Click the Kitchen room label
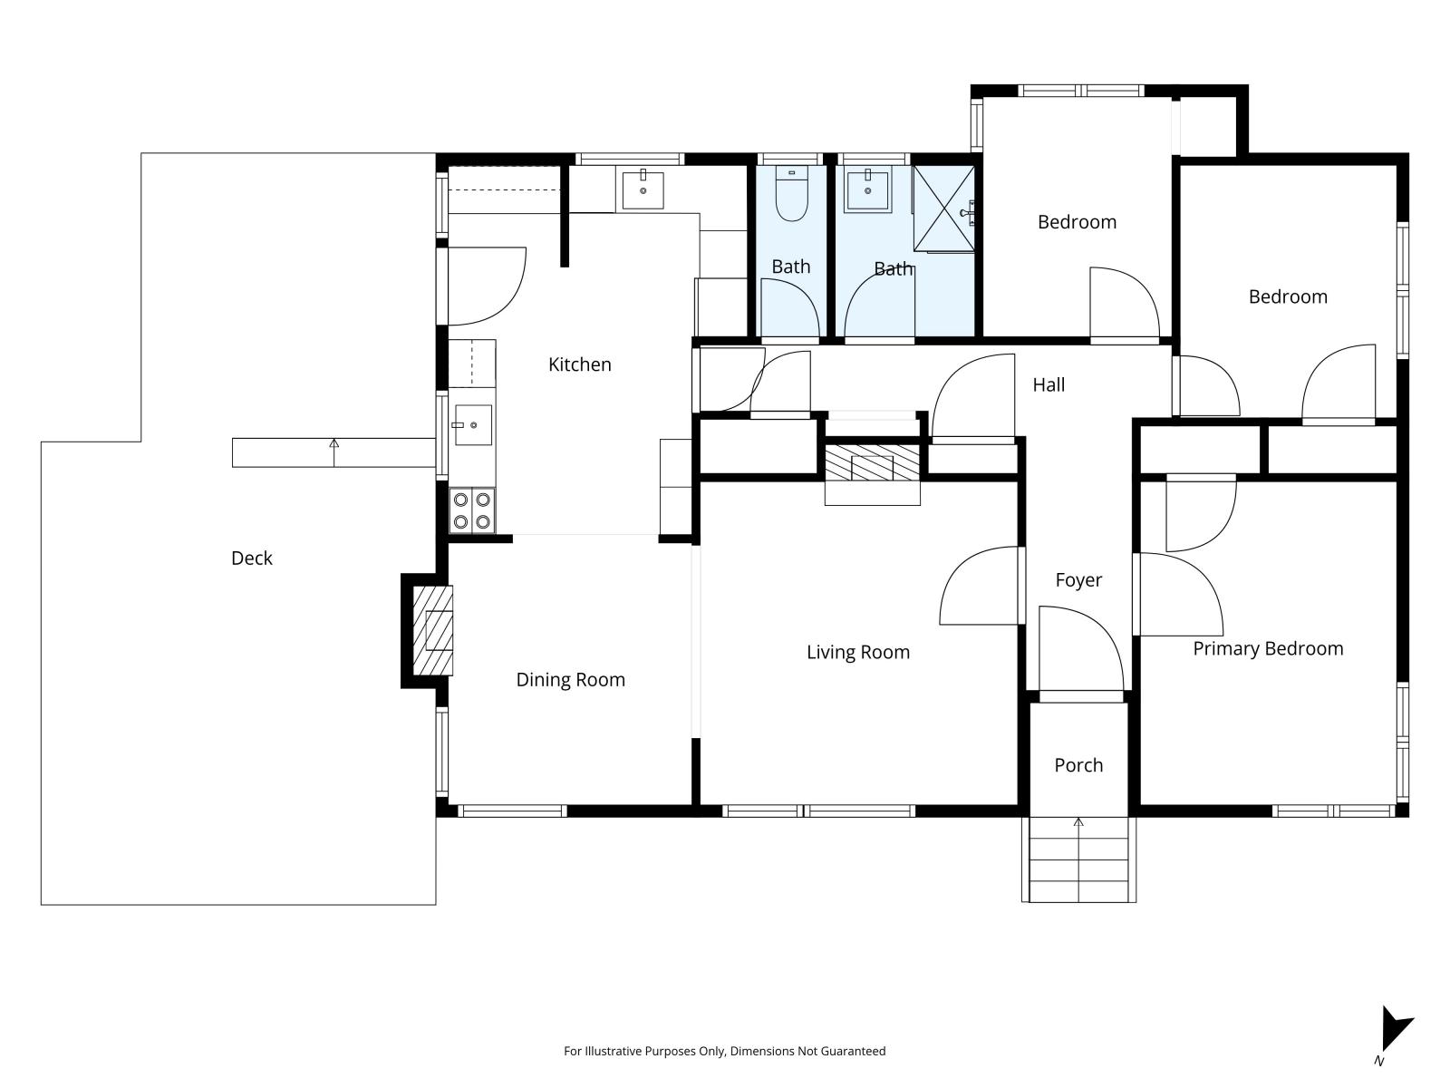pyautogui.click(x=580, y=364)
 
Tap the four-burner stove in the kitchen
pyautogui.click(x=472, y=510)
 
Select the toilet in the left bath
pyautogui.click(x=792, y=195)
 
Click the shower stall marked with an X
pyautogui.click(x=943, y=208)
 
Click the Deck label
pyautogui.click(x=251, y=559)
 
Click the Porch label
pyautogui.click(x=1078, y=765)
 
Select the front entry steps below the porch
pyautogui.click(x=1078, y=860)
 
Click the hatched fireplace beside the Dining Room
pyautogui.click(x=433, y=631)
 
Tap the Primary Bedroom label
pyautogui.click(x=1268, y=648)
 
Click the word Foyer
pyautogui.click(x=1078, y=580)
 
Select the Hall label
pyautogui.click(x=1049, y=384)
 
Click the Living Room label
pyautogui.click(x=857, y=652)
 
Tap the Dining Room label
pyautogui.click(x=570, y=680)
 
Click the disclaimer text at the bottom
pyautogui.click(x=724, y=1052)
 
